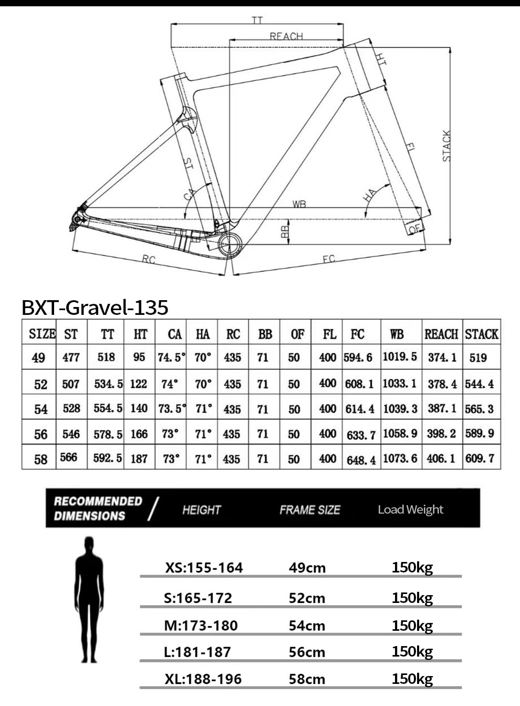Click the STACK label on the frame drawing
pos(446,146)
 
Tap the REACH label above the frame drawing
pos(286,36)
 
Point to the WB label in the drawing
pos(299,204)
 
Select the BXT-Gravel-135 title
pos(95,307)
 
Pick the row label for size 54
pos(40,409)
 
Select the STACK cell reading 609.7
pos(480,458)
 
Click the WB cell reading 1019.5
pos(400,357)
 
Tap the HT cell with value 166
pos(139,434)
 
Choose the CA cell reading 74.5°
pos(171,357)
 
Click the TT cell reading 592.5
pos(108,458)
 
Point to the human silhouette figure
pos(89,599)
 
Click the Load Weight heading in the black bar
pos(410,509)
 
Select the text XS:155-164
pos(204,568)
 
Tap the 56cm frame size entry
pos(307,652)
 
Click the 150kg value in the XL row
pos(412,679)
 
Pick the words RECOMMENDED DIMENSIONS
pos(98,508)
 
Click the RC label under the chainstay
pos(149,259)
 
